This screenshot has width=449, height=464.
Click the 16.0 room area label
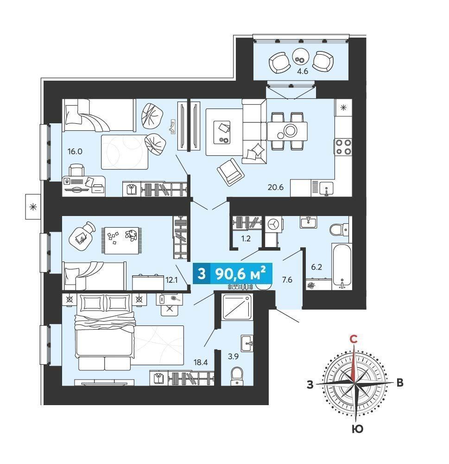point(75,152)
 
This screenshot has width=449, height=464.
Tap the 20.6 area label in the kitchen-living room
point(276,187)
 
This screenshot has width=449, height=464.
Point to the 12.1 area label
point(171,280)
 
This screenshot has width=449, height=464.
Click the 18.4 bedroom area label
point(201,362)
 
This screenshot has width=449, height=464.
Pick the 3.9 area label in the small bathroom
point(234,356)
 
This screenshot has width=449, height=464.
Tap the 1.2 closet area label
point(246,239)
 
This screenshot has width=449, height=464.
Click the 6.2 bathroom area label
point(316,267)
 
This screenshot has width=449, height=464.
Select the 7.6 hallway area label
point(287,280)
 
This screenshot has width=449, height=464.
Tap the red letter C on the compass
point(353,339)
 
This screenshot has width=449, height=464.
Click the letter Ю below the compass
point(358,429)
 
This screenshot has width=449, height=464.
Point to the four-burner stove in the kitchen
point(343,147)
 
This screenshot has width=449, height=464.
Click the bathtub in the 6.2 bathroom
point(342,267)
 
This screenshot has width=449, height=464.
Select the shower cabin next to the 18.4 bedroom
point(237,307)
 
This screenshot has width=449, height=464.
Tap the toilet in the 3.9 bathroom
point(237,376)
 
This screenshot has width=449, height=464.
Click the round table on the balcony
point(301,57)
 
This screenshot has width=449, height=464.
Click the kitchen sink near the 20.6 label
point(326,189)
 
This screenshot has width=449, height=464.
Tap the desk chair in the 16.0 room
point(76,171)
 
